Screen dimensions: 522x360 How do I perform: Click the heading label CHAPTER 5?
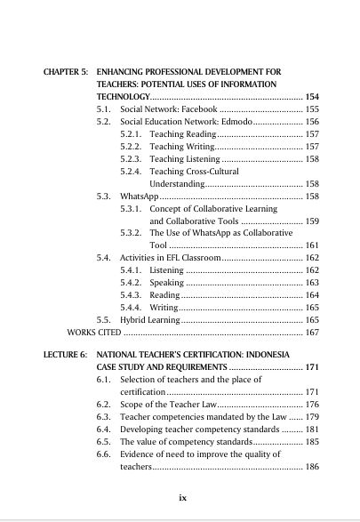point(67,68)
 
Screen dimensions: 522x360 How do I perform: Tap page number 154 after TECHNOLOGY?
point(311,94)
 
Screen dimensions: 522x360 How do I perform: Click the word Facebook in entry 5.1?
point(186,107)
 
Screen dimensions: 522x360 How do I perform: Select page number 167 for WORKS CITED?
point(311,332)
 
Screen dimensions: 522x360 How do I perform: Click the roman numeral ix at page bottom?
point(181,497)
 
